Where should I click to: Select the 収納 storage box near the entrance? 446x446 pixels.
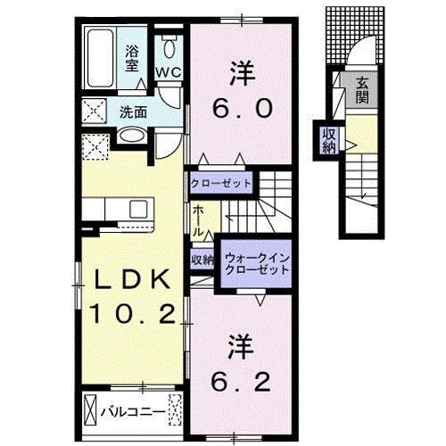click(x=329, y=139)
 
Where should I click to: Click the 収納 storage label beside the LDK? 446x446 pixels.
click(x=202, y=260)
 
